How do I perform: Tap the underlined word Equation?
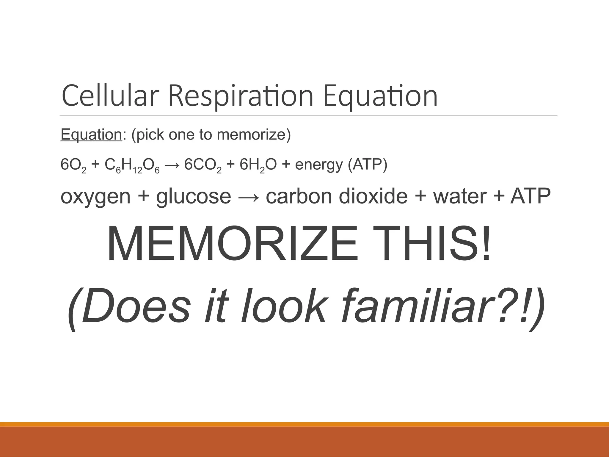click(x=91, y=134)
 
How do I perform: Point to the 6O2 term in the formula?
click(x=73, y=165)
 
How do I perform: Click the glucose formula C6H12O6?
click(x=132, y=166)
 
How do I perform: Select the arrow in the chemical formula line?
click(x=172, y=165)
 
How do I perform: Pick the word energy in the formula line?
click(x=319, y=165)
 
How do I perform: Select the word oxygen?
click(x=95, y=197)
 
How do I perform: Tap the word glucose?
click(x=194, y=197)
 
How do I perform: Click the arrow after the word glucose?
click(x=248, y=197)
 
